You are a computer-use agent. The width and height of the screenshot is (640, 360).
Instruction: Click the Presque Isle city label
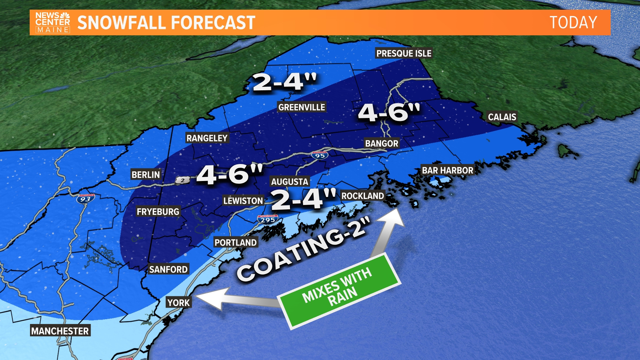pos(404,53)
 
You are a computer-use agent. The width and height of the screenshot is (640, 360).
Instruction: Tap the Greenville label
pos(302,107)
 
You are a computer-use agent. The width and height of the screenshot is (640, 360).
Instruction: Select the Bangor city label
pos(382,144)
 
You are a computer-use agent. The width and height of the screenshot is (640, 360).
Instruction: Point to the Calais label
pos(502,117)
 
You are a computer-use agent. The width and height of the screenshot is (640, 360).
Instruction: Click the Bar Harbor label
pos(447,170)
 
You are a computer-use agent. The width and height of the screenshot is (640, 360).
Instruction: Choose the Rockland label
pos(363,196)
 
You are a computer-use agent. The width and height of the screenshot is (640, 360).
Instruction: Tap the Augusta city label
pos(289,182)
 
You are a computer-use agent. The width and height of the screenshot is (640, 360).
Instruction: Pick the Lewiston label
pos(243,201)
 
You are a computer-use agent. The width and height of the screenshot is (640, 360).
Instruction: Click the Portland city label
pos(235,243)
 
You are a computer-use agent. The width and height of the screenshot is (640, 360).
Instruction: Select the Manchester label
pos(60,331)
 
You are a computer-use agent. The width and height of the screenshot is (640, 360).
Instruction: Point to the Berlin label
pos(146,175)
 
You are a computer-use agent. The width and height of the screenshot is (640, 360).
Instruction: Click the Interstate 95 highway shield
pos(320,155)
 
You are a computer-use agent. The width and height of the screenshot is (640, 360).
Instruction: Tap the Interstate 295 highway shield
pos(268,220)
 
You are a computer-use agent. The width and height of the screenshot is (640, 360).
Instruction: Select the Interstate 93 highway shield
pos(85,199)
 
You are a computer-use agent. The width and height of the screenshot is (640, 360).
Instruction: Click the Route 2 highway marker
pos(183,180)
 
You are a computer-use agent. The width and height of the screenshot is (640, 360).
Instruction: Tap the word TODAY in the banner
pos(573,23)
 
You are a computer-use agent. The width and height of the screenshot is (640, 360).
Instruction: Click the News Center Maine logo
pos(53,23)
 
